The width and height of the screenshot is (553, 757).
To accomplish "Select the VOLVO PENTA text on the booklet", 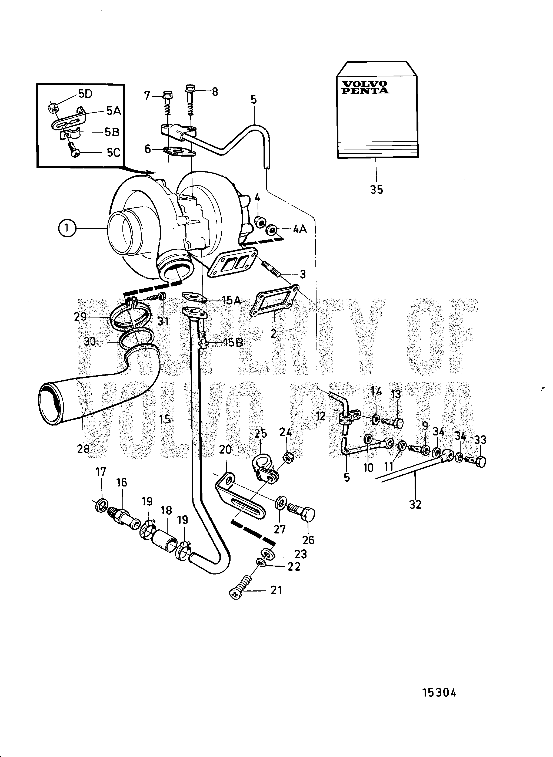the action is pyautogui.click(x=365, y=87).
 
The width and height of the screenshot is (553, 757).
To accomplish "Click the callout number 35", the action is pyautogui.click(x=376, y=190).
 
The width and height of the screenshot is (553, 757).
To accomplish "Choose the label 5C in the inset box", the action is pyautogui.click(x=113, y=153).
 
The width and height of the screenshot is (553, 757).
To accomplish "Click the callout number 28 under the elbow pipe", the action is pyautogui.click(x=83, y=448).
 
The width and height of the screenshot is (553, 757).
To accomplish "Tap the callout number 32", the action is pyautogui.click(x=415, y=504).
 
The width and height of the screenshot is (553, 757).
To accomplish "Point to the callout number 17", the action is pyautogui.click(x=101, y=472).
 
